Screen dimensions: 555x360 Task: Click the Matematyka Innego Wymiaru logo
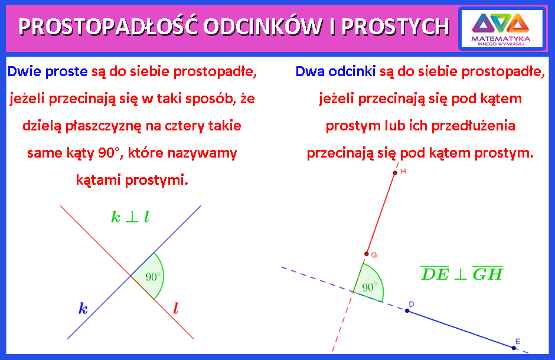click(501, 29)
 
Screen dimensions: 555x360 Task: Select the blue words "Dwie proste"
click(47, 71)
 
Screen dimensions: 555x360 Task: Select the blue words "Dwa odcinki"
click(335, 71)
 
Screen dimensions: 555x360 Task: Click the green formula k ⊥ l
click(130, 217)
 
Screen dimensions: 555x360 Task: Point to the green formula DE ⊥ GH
click(462, 273)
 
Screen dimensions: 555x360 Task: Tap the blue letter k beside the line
click(83, 309)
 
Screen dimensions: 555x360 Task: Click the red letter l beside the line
click(175, 309)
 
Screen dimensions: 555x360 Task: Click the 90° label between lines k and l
click(153, 276)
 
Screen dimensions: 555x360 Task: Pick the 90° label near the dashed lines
click(370, 287)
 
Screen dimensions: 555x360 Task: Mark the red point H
click(395, 173)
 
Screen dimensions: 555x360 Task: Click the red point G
click(366, 254)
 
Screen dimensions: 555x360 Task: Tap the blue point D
click(407, 311)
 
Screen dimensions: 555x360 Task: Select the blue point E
click(514, 348)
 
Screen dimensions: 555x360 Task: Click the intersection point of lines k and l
click(130, 276)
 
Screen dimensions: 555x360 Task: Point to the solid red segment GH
click(381, 213)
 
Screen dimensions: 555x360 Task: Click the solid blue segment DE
click(461, 329)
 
